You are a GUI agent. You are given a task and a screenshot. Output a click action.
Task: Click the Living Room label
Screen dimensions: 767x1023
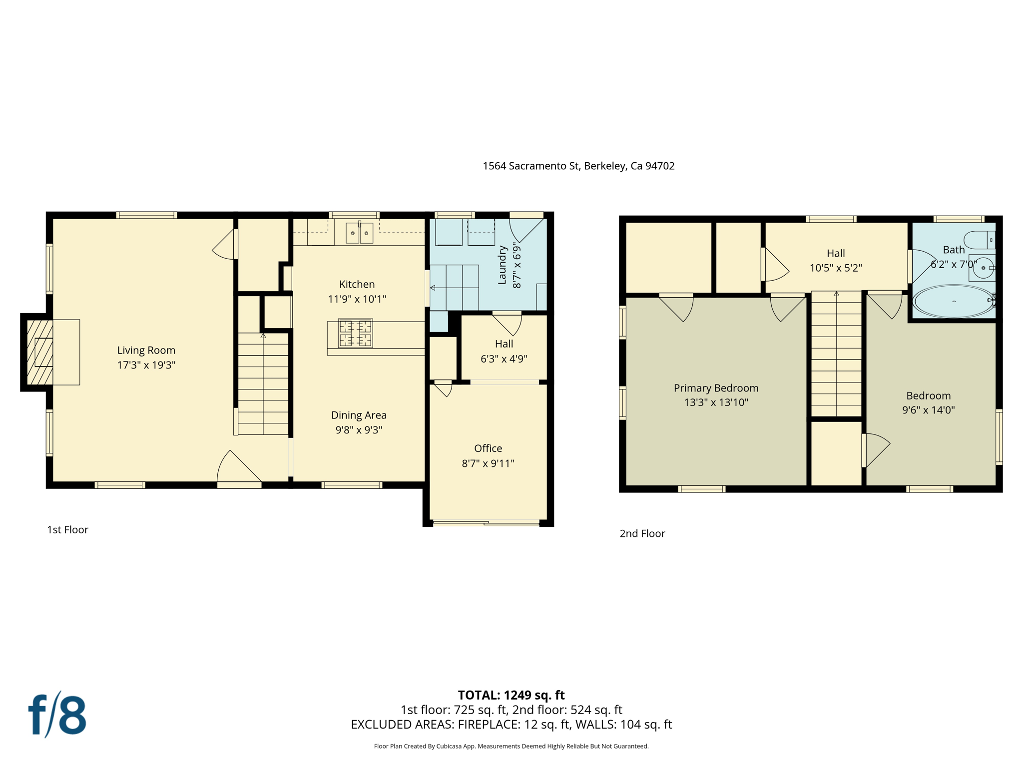[146, 351]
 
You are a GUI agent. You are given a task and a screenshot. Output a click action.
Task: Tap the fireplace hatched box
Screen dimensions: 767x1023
[40, 352]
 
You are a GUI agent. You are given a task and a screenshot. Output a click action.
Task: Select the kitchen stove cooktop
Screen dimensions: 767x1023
[355, 333]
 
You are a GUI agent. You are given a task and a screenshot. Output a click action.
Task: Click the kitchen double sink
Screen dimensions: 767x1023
[359, 233]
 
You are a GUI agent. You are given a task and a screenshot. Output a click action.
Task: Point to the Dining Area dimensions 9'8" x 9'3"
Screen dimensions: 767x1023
[359, 430]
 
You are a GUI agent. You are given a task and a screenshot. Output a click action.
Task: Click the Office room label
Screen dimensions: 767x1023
[488, 448]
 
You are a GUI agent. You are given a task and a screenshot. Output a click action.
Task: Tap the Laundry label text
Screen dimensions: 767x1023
[503, 265]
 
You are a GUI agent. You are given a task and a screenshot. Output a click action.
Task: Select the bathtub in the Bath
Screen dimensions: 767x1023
[953, 301]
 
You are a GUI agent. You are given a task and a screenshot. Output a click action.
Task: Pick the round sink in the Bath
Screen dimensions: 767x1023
[983, 268]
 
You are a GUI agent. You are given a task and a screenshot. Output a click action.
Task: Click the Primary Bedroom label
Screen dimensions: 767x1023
[716, 388]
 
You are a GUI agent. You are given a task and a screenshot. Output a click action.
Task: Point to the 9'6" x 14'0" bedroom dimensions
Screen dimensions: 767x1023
[928, 410]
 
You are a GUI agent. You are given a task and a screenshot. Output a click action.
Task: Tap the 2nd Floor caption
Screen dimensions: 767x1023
[642, 534]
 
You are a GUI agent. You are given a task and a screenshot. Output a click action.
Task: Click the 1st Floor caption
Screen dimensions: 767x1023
[67, 530]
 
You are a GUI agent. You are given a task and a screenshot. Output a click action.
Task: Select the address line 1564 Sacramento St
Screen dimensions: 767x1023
[578, 166]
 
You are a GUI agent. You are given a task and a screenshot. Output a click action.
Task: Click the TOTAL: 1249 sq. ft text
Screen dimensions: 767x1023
[511, 695]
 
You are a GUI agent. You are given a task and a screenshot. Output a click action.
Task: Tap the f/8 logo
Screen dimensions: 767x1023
[57, 715]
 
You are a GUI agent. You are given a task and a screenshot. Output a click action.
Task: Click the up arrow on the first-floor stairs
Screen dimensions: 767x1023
[263, 336]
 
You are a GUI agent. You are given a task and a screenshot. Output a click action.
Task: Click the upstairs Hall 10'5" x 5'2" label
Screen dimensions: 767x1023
[835, 261]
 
